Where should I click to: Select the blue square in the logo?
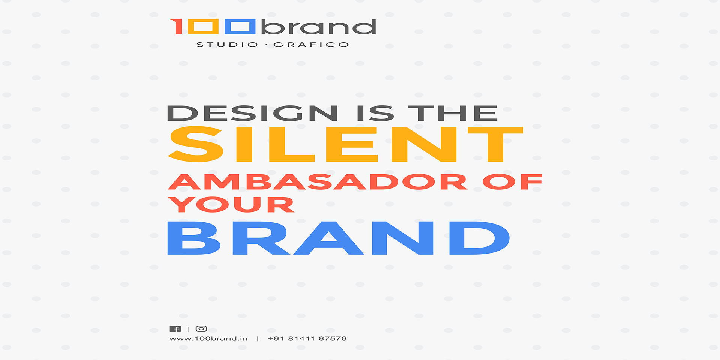click(x=240, y=27)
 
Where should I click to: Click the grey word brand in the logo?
click(x=319, y=27)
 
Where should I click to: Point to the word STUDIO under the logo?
click(x=228, y=45)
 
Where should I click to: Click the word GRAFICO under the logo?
click(x=312, y=45)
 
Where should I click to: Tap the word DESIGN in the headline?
click(x=253, y=113)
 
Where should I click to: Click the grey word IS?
click(x=375, y=113)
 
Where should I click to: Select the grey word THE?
click(x=453, y=113)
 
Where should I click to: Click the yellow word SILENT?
click(x=345, y=144)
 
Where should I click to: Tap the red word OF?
click(x=512, y=182)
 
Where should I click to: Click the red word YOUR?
click(x=231, y=205)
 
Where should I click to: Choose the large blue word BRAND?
click(x=339, y=238)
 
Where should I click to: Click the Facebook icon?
click(x=175, y=329)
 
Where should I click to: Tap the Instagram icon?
click(x=201, y=329)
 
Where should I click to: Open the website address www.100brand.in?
click(x=208, y=338)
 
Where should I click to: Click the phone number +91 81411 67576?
click(x=307, y=338)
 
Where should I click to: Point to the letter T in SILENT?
click(x=495, y=144)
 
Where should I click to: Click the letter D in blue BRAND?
click(x=480, y=238)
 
